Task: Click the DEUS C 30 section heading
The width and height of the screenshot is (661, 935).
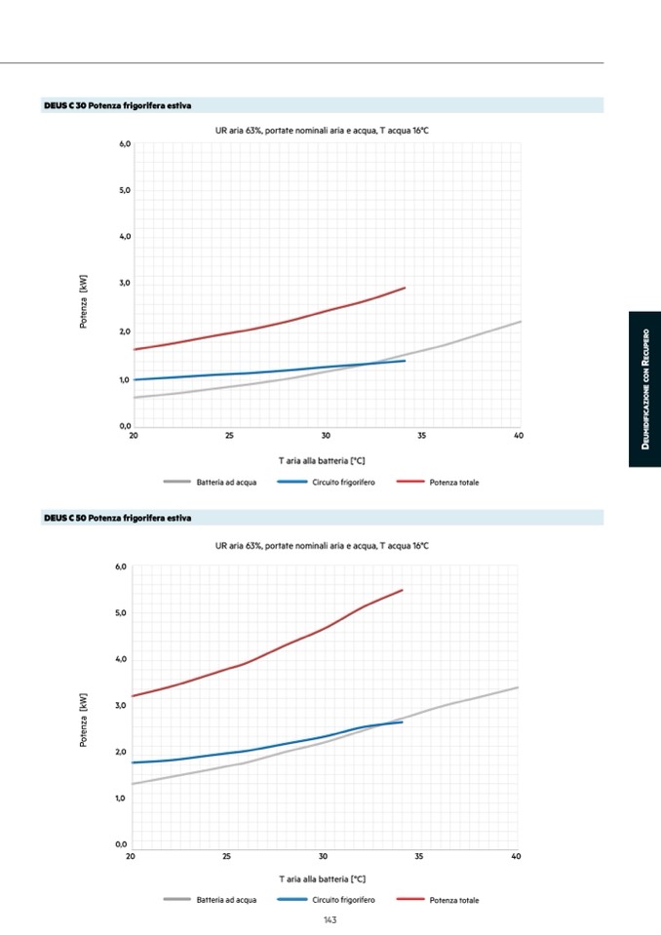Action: coord(118,105)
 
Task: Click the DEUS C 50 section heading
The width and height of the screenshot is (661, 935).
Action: coord(118,518)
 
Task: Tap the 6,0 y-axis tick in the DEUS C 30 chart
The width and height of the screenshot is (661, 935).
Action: coord(124,143)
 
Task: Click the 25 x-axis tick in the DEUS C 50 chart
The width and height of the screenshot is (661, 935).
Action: coord(226,856)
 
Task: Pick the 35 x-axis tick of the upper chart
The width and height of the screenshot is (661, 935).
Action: coord(422,436)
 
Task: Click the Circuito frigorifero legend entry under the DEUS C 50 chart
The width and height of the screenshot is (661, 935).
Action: coord(342,900)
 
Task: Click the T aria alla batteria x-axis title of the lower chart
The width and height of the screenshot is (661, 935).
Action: coord(322,879)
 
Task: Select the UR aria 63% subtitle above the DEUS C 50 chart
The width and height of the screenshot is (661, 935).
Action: coord(322,546)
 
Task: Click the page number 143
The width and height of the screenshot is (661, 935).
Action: coord(330,919)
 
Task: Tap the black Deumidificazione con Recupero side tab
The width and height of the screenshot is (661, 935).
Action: coord(644,389)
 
